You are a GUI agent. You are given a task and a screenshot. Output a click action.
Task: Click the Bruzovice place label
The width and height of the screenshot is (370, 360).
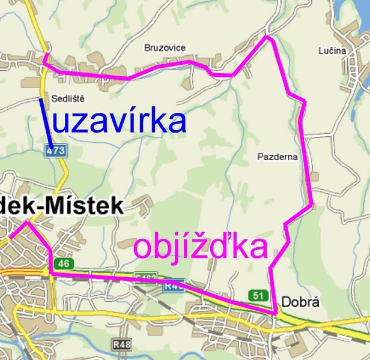click(x=165, y=47)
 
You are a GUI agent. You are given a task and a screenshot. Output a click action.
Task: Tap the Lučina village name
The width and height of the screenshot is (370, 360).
click(x=333, y=50)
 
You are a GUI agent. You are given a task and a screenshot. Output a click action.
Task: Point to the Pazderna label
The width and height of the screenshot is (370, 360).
click(x=277, y=157)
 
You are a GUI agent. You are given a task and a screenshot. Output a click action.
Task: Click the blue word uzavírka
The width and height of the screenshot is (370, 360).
click(x=120, y=121)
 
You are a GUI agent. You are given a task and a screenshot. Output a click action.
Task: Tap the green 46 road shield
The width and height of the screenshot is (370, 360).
click(x=64, y=263)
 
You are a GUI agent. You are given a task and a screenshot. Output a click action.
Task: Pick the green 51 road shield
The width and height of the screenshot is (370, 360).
click(x=258, y=295)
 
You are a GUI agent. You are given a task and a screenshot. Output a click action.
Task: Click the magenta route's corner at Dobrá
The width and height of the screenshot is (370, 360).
click(x=276, y=313)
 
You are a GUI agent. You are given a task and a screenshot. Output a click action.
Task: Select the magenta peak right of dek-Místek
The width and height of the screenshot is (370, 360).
click(x=26, y=223)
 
